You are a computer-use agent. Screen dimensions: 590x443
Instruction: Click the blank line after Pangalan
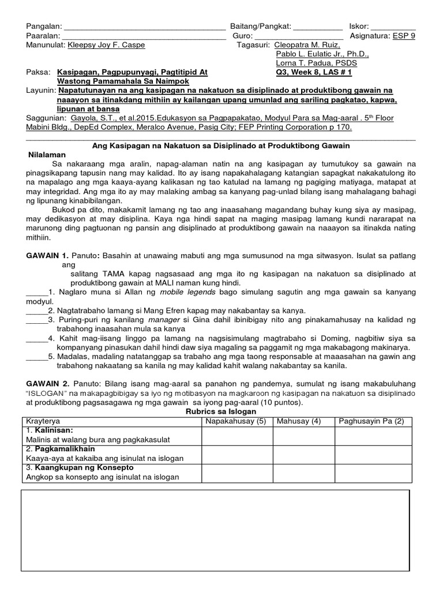(x=144, y=28)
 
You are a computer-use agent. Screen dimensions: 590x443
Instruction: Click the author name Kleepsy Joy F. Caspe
(x=106, y=45)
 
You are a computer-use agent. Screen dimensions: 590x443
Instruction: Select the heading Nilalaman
(x=47, y=155)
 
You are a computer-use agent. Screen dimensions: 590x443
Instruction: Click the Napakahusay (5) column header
(x=236, y=421)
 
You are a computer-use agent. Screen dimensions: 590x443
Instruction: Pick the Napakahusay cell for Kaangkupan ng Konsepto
(x=236, y=472)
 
